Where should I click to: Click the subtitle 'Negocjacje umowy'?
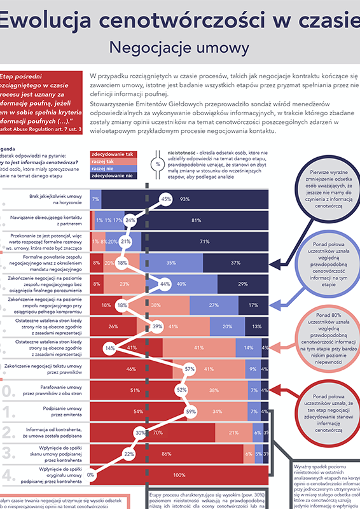(x=179, y=48)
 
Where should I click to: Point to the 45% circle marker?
(x=166, y=199)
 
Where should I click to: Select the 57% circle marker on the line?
(x=189, y=369)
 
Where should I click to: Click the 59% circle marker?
(x=190, y=411)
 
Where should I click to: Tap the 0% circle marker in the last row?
(x=91, y=475)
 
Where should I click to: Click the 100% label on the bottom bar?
(x=179, y=475)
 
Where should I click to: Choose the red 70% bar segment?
(x=156, y=433)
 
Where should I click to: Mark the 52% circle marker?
(x=181, y=390)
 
